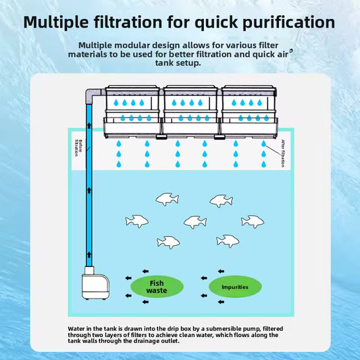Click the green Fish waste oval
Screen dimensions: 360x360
point(157,286)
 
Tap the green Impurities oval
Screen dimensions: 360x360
point(235,287)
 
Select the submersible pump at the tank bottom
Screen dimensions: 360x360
point(95,283)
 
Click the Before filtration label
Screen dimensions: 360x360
point(78,148)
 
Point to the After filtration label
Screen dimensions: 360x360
point(283,153)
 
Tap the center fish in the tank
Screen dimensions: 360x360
point(195,222)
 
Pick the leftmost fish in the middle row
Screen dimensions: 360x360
point(137,222)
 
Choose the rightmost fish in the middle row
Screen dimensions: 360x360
point(253,222)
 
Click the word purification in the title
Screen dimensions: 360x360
point(288,22)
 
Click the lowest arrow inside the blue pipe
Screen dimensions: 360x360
point(89,255)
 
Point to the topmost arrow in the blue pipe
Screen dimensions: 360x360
point(89,126)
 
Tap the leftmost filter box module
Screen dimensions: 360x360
point(132,112)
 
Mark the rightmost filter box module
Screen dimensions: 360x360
point(249,112)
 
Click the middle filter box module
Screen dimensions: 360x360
point(190,112)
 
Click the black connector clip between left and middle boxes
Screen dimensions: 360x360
point(161,137)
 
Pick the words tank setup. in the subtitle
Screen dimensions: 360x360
point(178,63)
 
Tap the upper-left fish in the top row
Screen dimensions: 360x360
point(167,199)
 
